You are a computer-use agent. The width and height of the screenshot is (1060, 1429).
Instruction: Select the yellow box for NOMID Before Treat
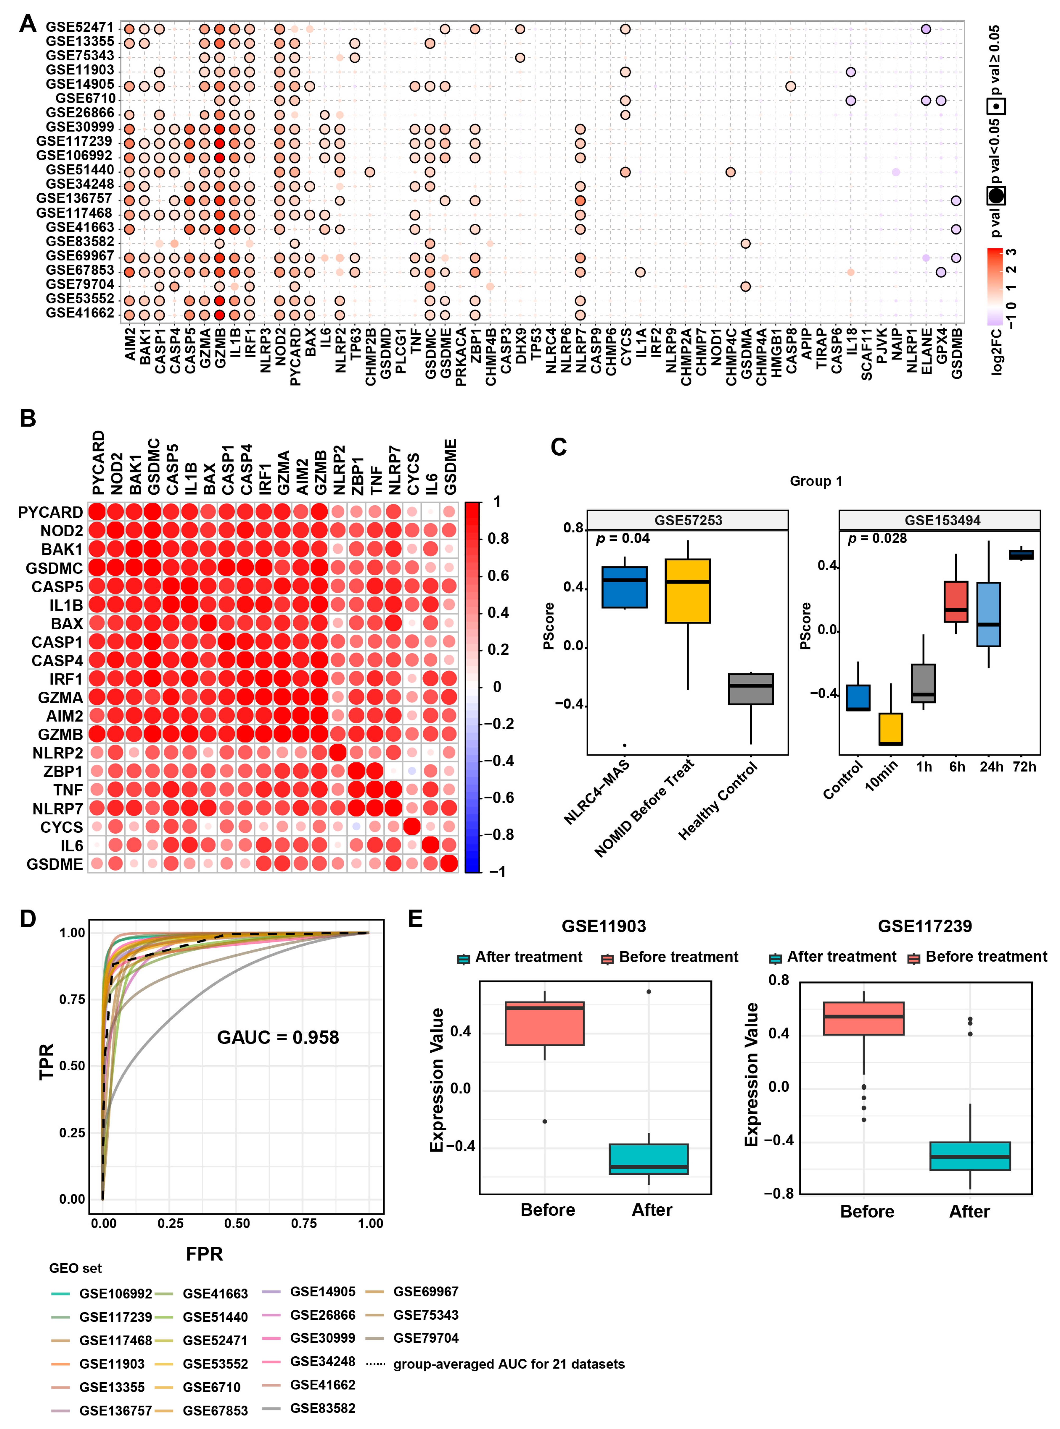pos(687,591)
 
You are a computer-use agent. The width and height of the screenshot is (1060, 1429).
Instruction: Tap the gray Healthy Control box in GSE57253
pos(751,689)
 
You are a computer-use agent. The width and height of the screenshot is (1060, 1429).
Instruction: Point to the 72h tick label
pos(1024,767)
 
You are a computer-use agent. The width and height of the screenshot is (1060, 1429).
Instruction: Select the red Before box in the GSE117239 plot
pos(864,1018)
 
